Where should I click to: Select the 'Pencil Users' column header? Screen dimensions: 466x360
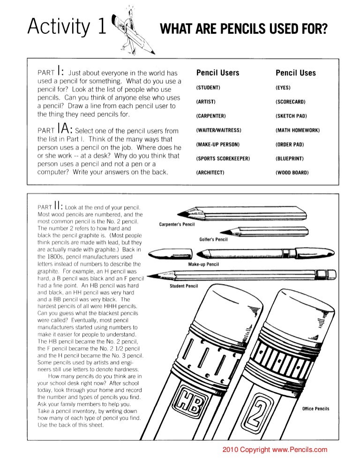(x=217, y=73)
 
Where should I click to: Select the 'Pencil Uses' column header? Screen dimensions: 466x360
(x=295, y=73)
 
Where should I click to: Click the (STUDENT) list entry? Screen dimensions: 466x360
(x=208, y=88)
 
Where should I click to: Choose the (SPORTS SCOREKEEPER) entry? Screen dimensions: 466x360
(x=223, y=158)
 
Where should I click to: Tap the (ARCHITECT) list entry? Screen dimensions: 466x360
(x=210, y=173)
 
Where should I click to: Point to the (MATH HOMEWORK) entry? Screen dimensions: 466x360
(x=298, y=130)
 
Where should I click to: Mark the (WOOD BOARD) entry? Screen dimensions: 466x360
(x=292, y=173)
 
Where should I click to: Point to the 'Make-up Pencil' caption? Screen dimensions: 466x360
(x=203, y=264)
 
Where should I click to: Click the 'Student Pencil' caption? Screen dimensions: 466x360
(x=184, y=286)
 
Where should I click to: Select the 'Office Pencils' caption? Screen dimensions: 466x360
(x=315, y=409)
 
